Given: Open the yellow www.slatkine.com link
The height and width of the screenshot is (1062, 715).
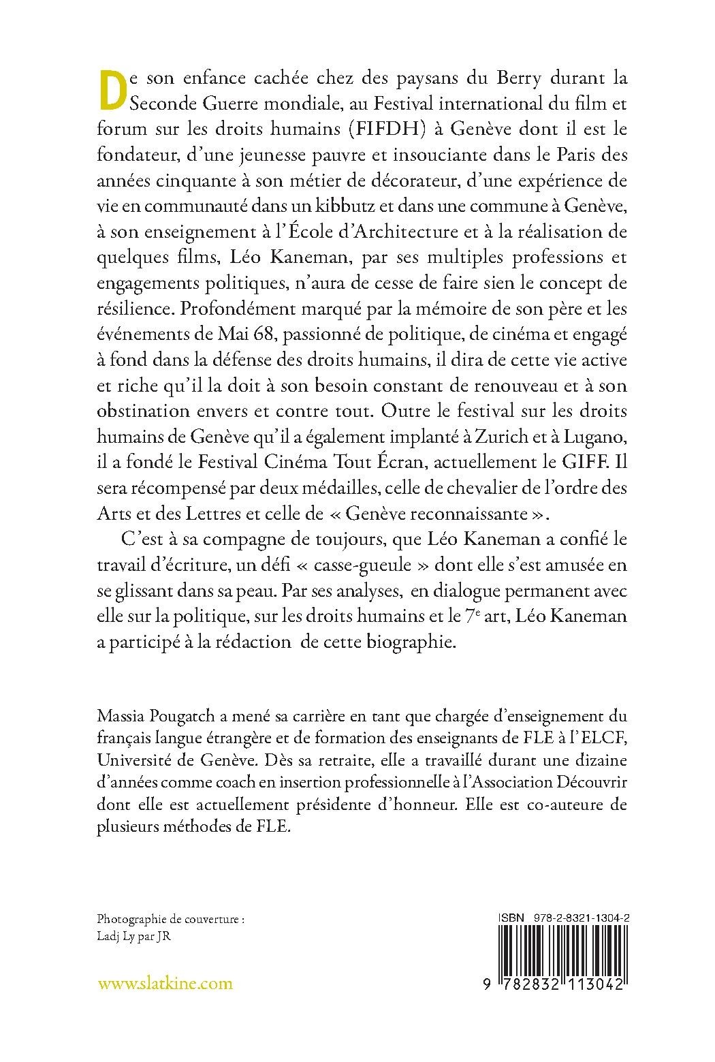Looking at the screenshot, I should coord(165,983).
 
